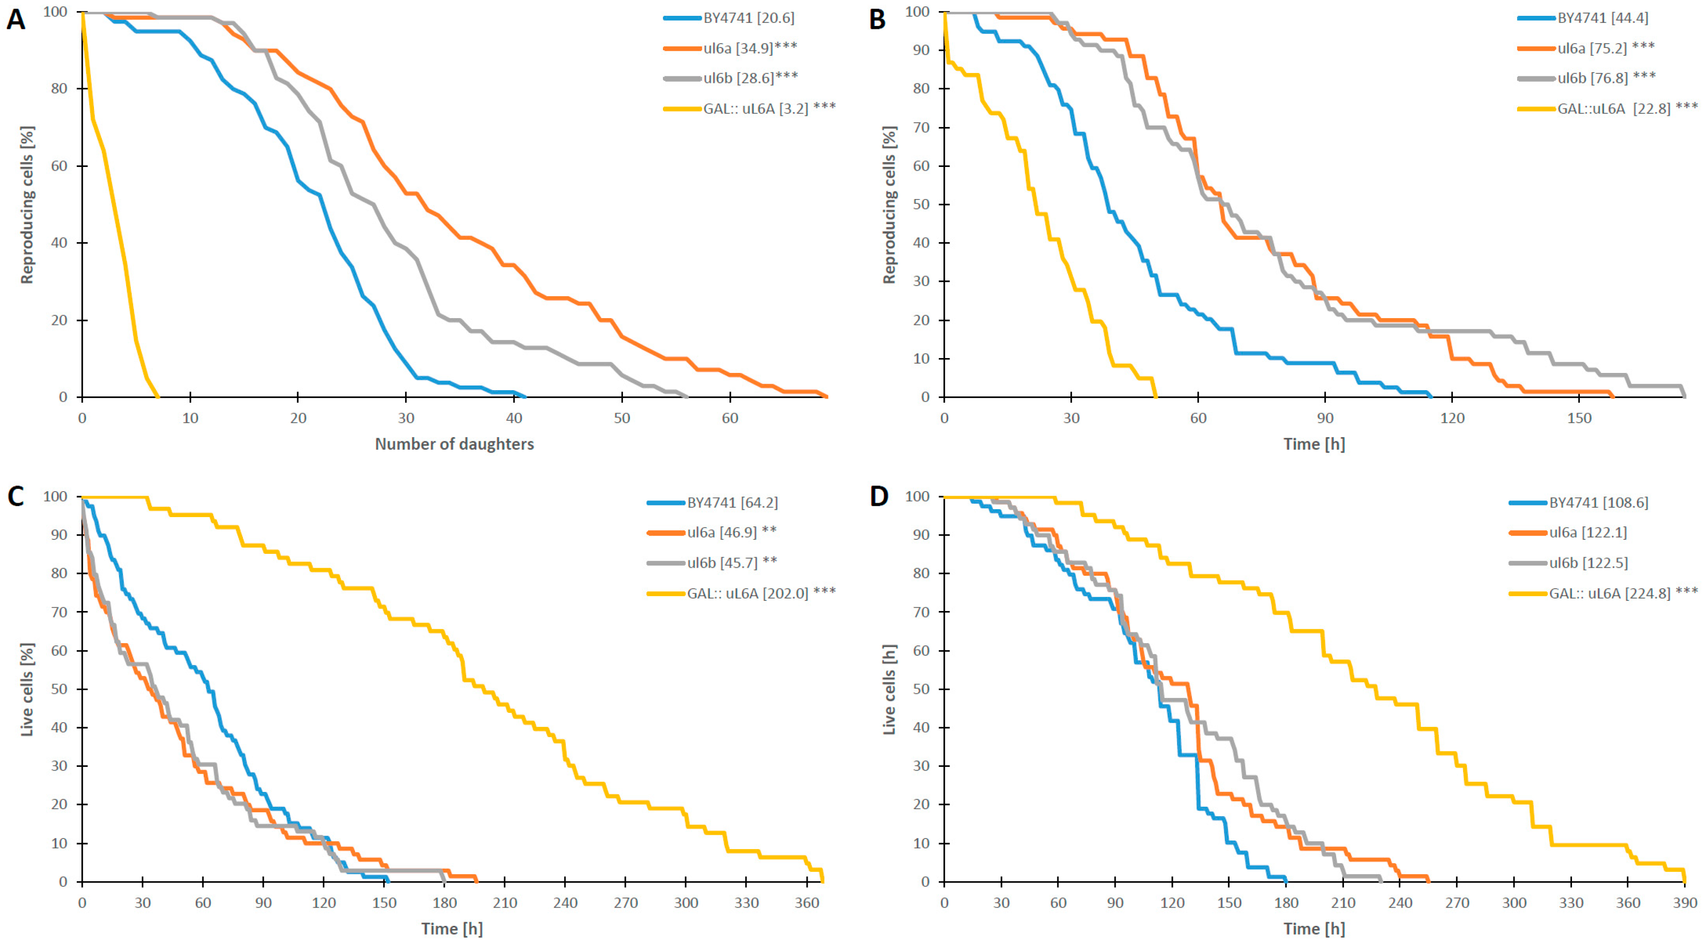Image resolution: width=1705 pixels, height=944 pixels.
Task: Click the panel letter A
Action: pyautogui.click(x=16, y=20)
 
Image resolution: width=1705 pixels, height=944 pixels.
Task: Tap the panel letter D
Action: pyautogui.click(x=878, y=496)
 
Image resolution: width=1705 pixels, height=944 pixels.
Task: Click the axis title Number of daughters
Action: pyautogui.click(x=454, y=444)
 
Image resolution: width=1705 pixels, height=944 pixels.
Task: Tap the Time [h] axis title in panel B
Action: pyautogui.click(x=1314, y=444)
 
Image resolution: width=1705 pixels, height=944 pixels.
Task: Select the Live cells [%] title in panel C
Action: pyautogui.click(x=27, y=689)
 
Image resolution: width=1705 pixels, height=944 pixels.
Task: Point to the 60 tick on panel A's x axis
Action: pyautogui.click(x=729, y=419)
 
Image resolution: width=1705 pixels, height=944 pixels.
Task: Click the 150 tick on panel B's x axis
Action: pyautogui.click(x=1579, y=419)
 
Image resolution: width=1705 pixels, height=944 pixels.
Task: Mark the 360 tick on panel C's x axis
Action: pyautogui.click(x=807, y=903)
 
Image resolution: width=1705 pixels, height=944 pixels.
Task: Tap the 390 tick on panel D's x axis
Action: pyautogui.click(x=1685, y=903)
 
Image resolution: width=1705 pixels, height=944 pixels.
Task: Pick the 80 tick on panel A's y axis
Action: pyautogui.click(x=60, y=89)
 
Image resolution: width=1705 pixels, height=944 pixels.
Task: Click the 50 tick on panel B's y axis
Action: pyautogui.click(x=921, y=205)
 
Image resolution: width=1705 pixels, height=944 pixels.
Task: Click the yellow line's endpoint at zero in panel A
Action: pyautogui.click(x=158, y=397)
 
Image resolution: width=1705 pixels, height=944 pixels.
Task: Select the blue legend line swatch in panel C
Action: pyautogui.click(x=666, y=503)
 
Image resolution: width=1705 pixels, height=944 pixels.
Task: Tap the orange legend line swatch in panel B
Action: pyautogui.click(x=1536, y=47)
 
